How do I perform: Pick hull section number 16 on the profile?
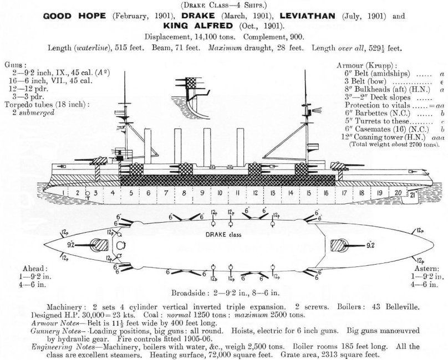pyautogui.click(x=326, y=194)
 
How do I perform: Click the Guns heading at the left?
pyautogui.click(x=14, y=65)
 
